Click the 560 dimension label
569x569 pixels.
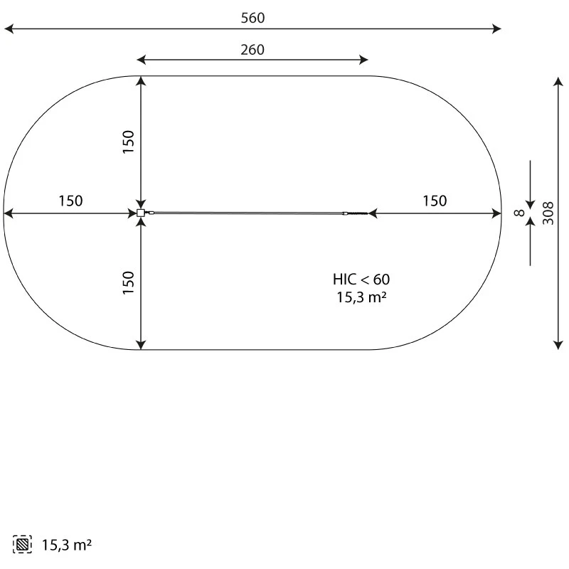point(253,18)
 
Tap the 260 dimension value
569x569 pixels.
point(252,50)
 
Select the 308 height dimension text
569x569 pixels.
point(548,213)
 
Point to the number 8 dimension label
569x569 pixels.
point(520,213)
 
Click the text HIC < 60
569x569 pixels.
point(361,280)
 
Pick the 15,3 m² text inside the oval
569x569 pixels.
point(361,297)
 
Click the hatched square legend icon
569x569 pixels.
point(22,544)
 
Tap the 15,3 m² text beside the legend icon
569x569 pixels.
point(67,545)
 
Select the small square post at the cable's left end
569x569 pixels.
point(141,213)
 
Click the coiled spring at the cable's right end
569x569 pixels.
point(356,213)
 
